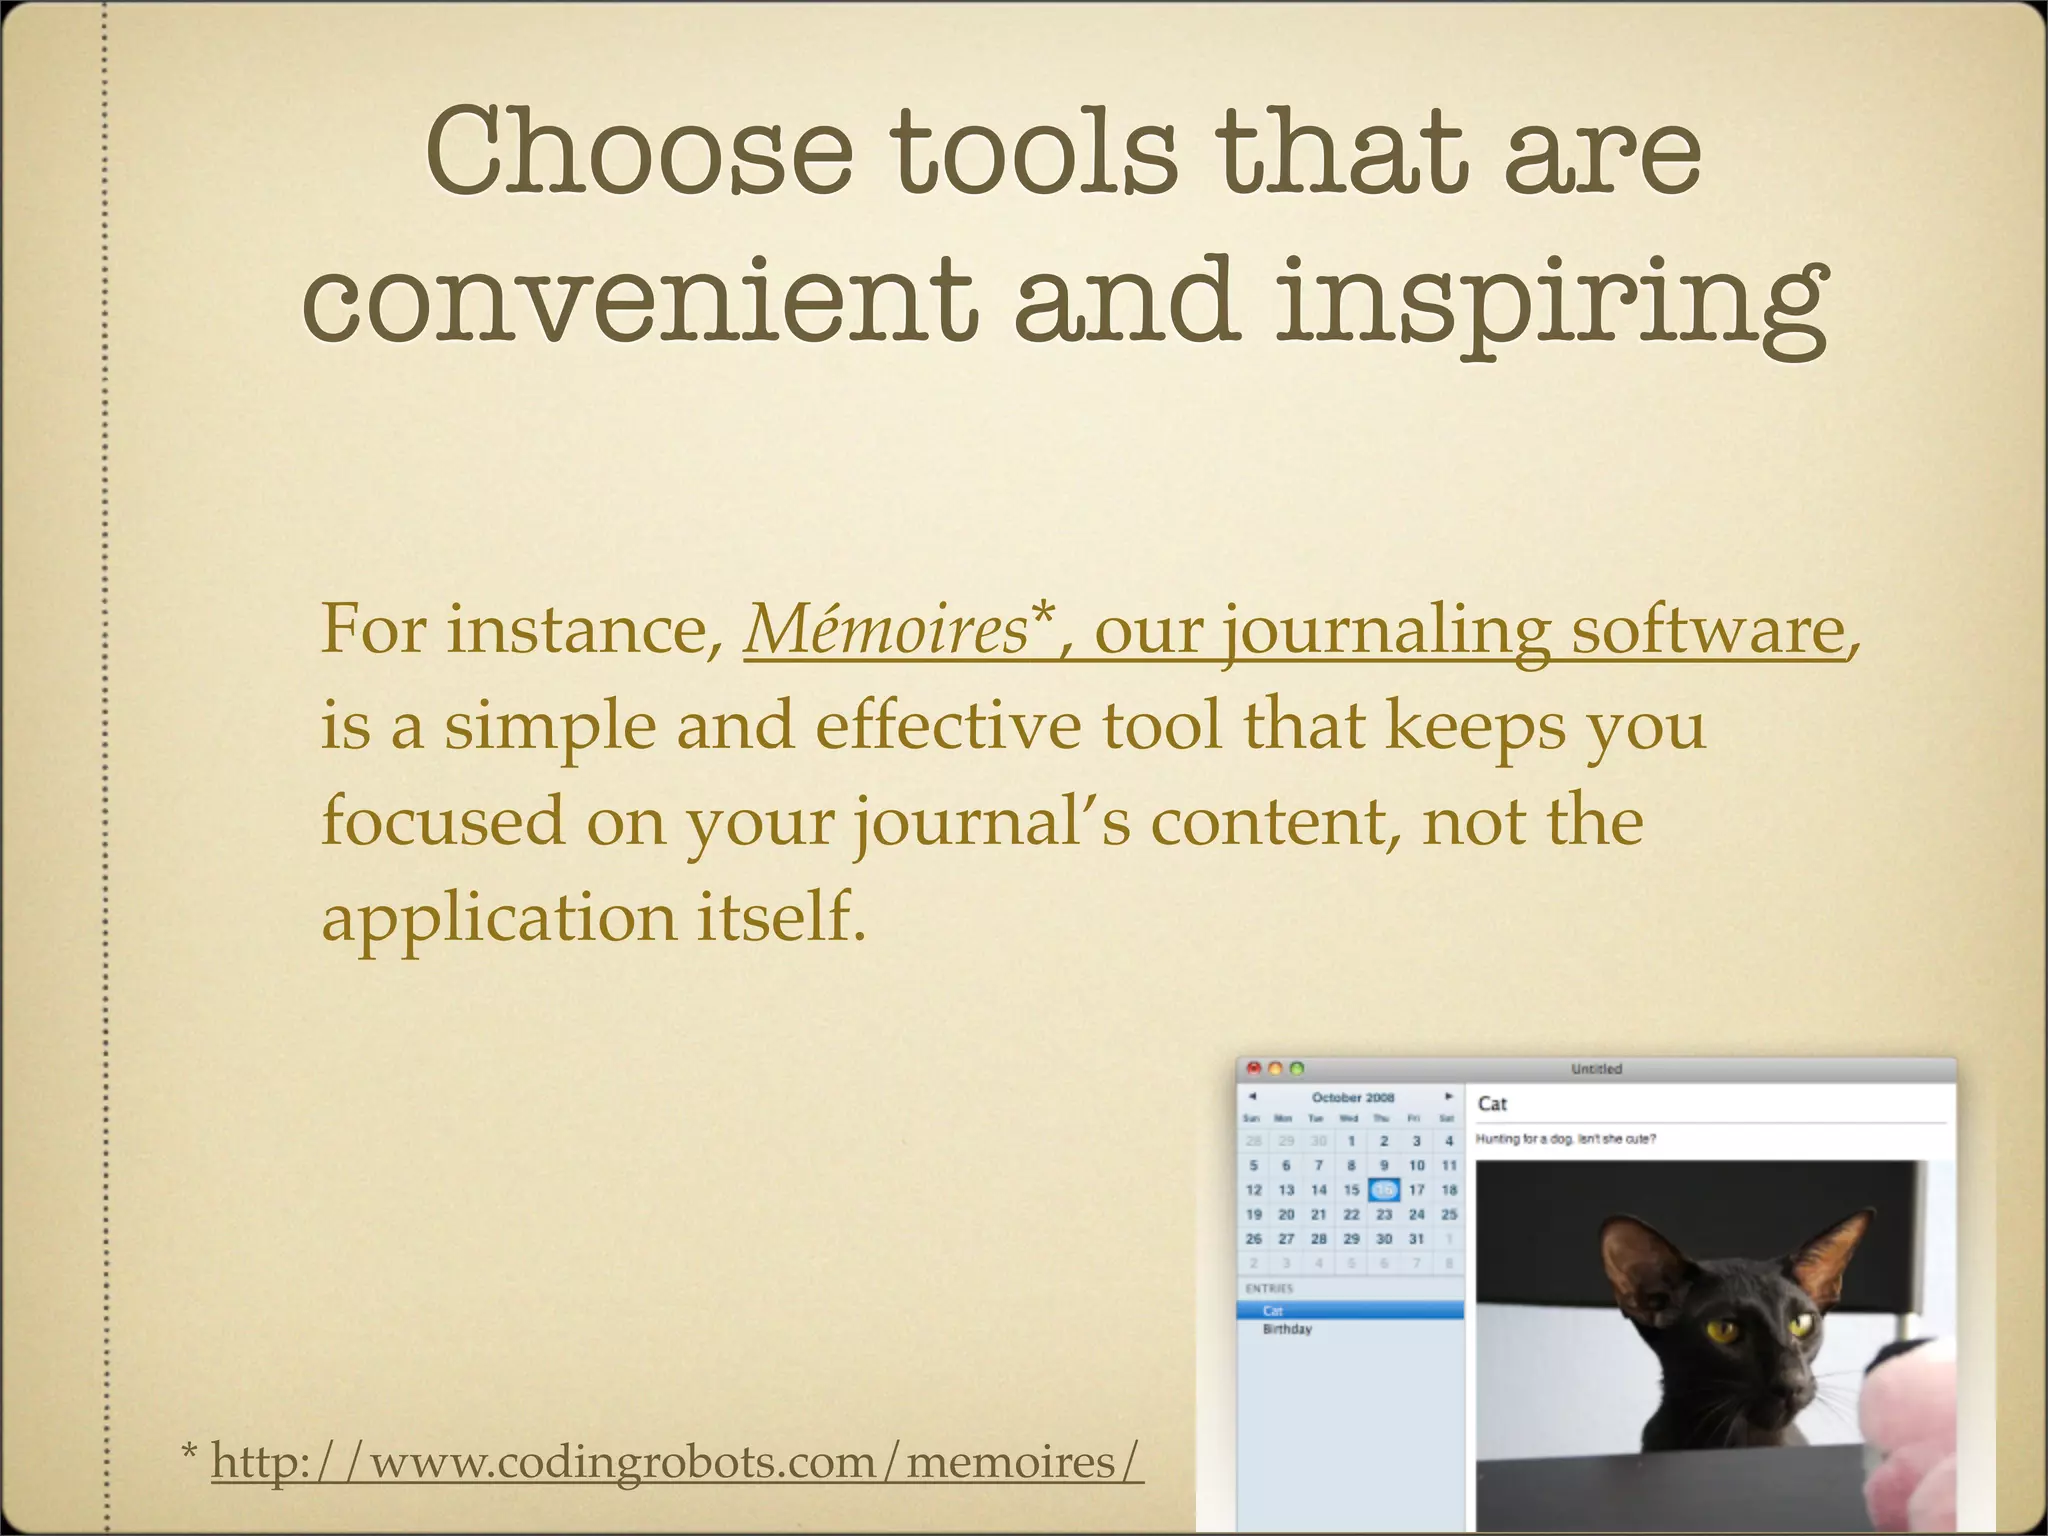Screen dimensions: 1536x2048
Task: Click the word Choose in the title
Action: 638,152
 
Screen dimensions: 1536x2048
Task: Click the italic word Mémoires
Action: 886,630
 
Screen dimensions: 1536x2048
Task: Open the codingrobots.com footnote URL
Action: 676,1462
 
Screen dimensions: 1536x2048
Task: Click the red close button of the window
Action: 1253,1068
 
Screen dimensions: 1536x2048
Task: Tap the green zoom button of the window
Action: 1297,1068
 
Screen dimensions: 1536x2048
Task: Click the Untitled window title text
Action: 1596,1069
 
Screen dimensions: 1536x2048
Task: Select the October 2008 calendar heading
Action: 1352,1097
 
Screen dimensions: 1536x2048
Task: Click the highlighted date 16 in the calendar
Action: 1384,1190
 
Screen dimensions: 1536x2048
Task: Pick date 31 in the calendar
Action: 1416,1239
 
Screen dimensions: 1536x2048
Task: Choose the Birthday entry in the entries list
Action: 1287,1329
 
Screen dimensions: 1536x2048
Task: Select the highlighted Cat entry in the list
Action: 1273,1310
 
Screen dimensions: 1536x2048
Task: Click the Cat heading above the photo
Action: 1492,1104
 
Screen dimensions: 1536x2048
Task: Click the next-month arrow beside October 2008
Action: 1448,1096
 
